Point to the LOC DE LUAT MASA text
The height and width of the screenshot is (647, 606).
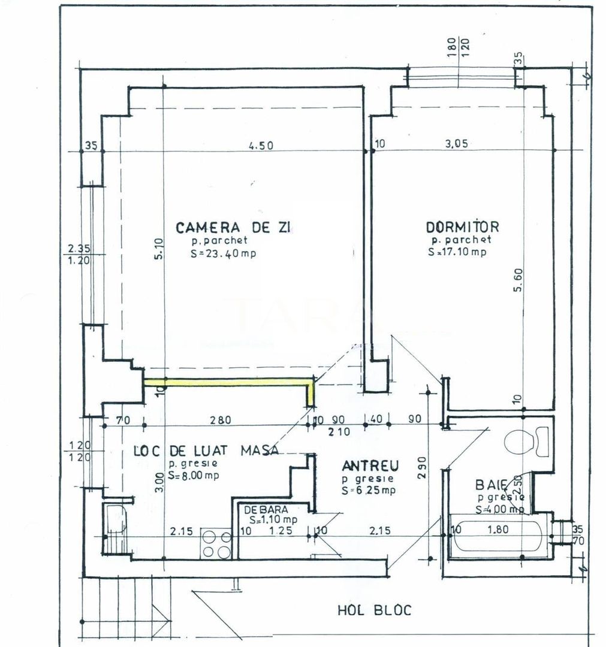(206, 451)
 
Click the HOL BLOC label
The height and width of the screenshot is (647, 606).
(375, 610)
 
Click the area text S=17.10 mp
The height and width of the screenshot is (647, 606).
(457, 252)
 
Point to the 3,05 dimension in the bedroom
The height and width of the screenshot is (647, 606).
(458, 144)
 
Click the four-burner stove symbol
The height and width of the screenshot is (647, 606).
(216, 544)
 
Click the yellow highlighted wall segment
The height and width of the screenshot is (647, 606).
(228, 380)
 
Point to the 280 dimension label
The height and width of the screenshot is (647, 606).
(221, 421)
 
